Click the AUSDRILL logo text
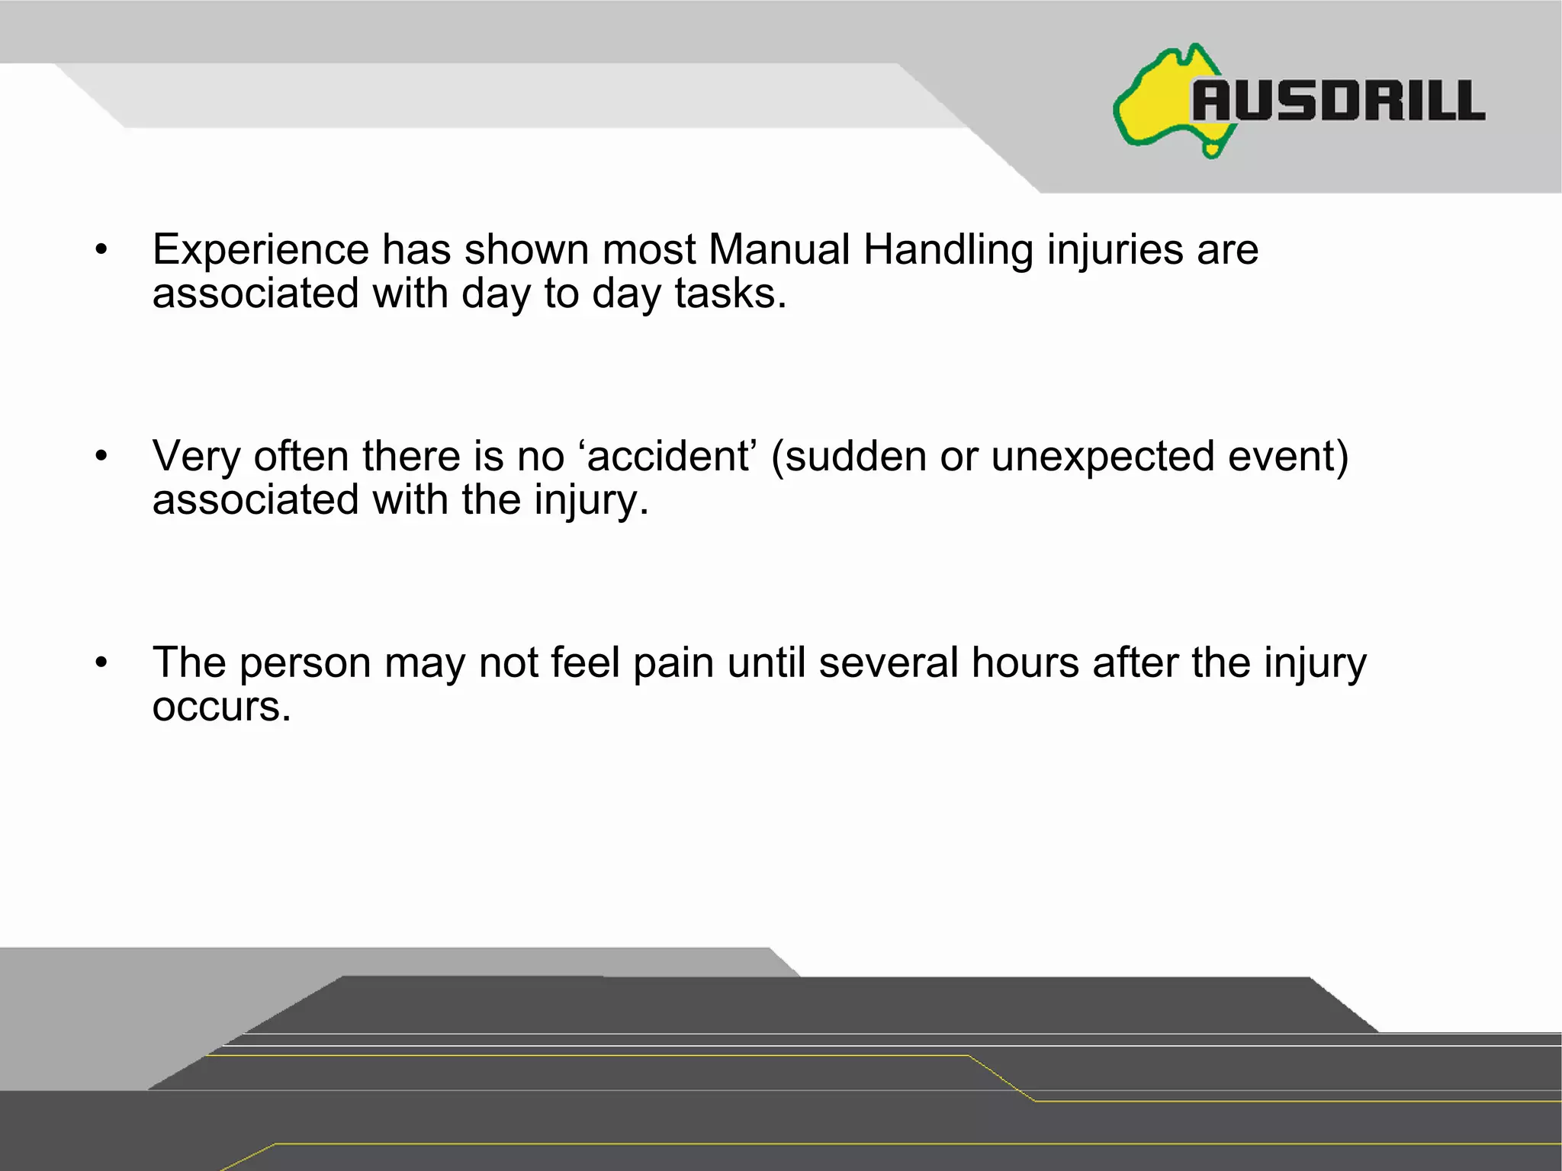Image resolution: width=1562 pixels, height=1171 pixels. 1339,101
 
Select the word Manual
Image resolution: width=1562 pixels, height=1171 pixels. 779,249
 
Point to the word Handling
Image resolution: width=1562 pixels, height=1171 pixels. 948,250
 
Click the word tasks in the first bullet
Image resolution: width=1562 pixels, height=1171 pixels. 730,294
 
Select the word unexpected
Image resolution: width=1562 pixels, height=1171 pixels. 1102,457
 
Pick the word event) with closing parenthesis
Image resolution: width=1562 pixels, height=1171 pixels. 1288,456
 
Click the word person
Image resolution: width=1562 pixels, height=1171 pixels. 305,663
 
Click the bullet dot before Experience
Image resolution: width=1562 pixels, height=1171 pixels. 101,249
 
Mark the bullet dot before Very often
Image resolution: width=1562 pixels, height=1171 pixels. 101,456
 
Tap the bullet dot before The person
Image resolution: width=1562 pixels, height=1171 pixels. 101,662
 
